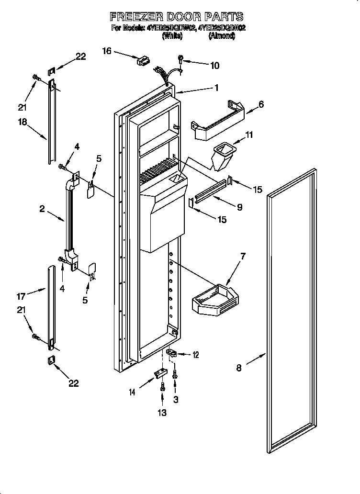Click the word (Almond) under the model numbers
pos(221,36)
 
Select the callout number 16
pos(106,50)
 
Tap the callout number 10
pos(214,66)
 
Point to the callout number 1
pos(216,88)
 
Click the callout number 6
pos(261,104)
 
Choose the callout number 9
pos(239,207)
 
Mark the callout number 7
pos(243,257)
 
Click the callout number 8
pos(239,368)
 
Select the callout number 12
pos(195,355)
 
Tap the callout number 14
pos(132,392)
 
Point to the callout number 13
pos(162,413)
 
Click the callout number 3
pos(176,400)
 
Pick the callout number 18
pos(22,122)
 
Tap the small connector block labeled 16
pos(142,61)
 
